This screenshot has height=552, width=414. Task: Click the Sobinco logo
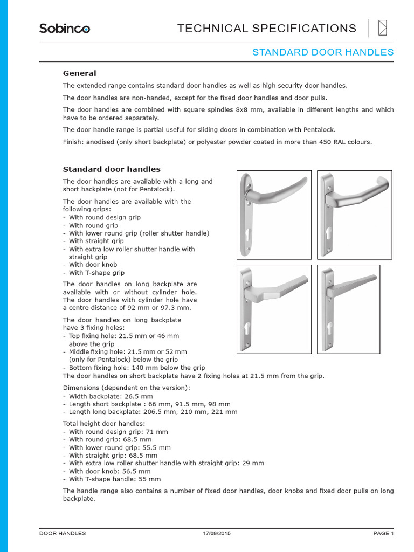tap(64, 28)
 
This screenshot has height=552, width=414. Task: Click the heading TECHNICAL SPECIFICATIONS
tap(267, 29)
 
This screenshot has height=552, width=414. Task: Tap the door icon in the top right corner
tap(383, 27)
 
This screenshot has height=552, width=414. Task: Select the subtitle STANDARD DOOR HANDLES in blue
tap(323, 52)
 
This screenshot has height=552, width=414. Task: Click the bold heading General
tap(80, 73)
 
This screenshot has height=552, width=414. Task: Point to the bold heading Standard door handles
tap(112, 169)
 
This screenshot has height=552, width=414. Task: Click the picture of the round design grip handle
tap(274, 215)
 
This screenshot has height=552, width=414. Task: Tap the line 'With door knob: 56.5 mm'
tap(107, 471)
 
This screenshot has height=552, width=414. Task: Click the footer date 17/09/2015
tap(217, 533)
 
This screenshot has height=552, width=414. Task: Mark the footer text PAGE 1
tap(384, 533)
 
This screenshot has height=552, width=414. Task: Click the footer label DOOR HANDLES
tap(63, 533)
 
